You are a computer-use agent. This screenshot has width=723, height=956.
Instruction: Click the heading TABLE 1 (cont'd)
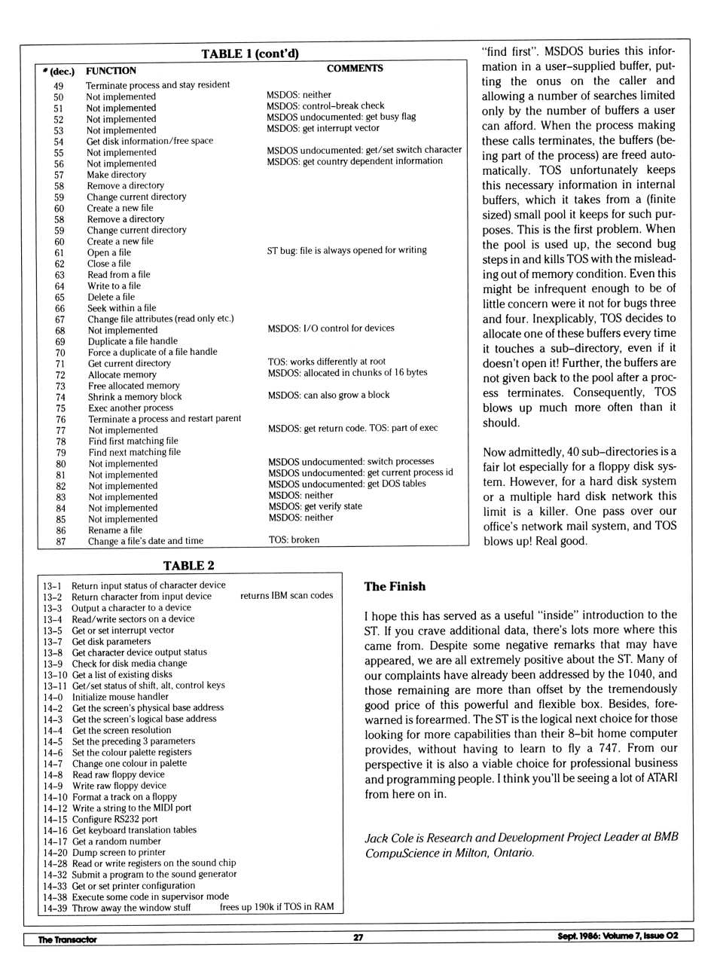pyautogui.click(x=250, y=53)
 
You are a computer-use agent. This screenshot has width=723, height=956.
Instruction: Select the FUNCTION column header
pyautogui.click(x=111, y=71)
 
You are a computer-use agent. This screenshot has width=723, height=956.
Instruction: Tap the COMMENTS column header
pyautogui.click(x=355, y=69)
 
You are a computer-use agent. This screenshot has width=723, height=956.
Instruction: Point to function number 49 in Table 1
pyautogui.click(x=58, y=86)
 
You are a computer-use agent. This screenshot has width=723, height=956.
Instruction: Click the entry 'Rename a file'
pyautogui.click(x=115, y=530)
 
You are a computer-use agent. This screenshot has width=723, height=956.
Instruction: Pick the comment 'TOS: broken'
pyautogui.click(x=294, y=539)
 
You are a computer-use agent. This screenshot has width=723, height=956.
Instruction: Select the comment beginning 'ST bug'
pyautogui.click(x=346, y=250)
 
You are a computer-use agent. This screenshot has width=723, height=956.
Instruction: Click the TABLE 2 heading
pyautogui.click(x=188, y=566)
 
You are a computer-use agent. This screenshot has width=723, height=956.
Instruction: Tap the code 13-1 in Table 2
pyautogui.click(x=52, y=585)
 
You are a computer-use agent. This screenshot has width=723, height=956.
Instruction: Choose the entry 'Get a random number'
pyautogui.click(x=116, y=841)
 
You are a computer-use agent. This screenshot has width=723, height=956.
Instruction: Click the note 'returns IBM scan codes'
pyautogui.click(x=286, y=596)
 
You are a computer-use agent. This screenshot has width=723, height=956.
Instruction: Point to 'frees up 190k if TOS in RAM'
pyautogui.click(x=276, y=907)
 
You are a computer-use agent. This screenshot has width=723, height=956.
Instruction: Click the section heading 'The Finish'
pyautogui.click(x=395, y=587)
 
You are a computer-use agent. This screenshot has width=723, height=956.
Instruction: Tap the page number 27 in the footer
pyautogui.click(x=358, y=937)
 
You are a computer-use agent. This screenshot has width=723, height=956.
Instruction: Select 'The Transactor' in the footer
pyautogui.click(x=68, y=939)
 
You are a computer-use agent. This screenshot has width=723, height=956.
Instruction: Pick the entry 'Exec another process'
pyautogui.click(x=130, y=408)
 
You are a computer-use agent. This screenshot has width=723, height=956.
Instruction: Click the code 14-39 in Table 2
pyautogui.click(x=55, y=908)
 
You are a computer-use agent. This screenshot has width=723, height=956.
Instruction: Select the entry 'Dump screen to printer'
pyautogui.click(x=119, y=853)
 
